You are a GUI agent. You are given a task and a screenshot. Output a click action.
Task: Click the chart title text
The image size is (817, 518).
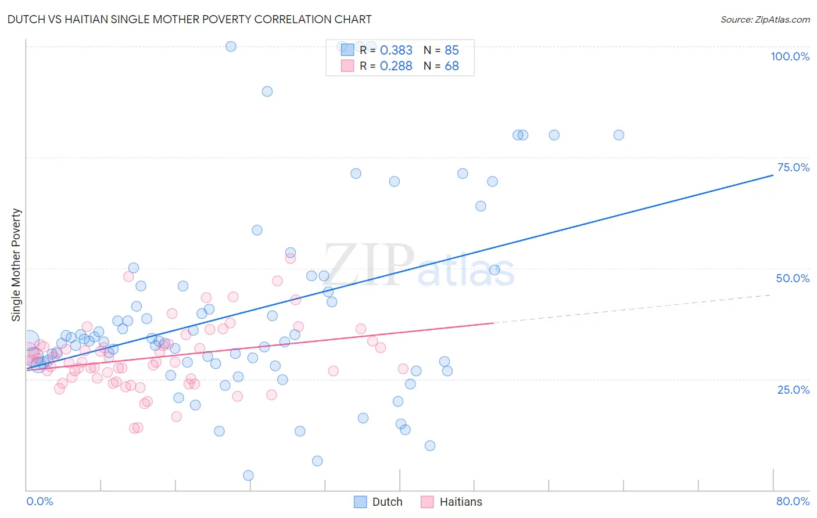click(x=189, y=19)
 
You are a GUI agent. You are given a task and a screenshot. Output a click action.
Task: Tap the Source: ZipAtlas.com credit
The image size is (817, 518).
click(x=765, y=19)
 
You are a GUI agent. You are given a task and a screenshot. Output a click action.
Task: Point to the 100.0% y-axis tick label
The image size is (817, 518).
click(x=790, y=56)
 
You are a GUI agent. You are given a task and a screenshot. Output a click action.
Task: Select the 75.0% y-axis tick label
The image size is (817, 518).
click(x=793, y=167)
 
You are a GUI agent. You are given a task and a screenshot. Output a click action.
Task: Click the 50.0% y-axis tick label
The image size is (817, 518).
click(x=793, y=278)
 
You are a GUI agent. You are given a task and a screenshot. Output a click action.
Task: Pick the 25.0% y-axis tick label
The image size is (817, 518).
click(x=793, y=389)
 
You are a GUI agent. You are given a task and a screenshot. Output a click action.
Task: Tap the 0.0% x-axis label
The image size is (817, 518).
click(x=40, y=501)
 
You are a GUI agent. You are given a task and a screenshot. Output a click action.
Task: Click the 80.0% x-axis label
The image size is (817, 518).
click(x=793, y=501)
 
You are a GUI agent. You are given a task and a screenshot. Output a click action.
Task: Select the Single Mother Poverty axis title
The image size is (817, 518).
click(x=16, y=265)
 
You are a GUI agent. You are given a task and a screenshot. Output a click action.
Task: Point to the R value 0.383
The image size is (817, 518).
click(x=396, y=50)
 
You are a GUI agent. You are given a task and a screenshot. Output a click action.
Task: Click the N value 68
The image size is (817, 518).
click(x=451, y=66)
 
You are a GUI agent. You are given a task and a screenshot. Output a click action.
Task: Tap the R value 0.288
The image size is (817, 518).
click(x=396, y=66)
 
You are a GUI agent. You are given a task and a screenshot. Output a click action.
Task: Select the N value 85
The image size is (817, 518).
click(x=451, y=50)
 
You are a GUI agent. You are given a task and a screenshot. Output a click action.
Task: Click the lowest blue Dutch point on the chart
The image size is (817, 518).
click(x=248, y=476)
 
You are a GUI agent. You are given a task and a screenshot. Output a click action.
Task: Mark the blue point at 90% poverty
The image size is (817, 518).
click(x=267, y=91)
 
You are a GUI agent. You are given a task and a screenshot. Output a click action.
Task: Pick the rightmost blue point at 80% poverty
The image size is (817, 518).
click(x=619, y=135)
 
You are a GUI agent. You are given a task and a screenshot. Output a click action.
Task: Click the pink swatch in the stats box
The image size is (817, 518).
click(x=347, y=66)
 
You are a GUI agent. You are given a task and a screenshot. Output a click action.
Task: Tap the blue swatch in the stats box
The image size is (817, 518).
click(x=347, y=50)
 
